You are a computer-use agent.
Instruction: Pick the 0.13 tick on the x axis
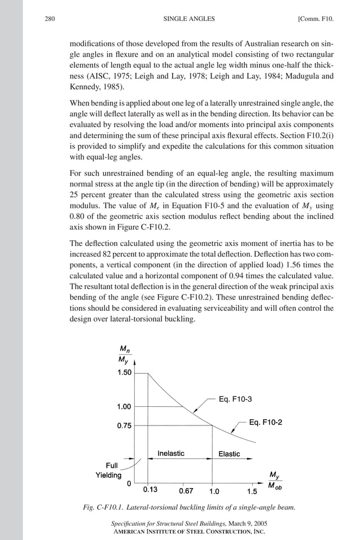(x=150, y=490)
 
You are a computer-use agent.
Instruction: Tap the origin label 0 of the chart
(x=129, y=484)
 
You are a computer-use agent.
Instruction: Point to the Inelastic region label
(x=170, y=454)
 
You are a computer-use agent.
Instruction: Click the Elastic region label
(x=229, y=454)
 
